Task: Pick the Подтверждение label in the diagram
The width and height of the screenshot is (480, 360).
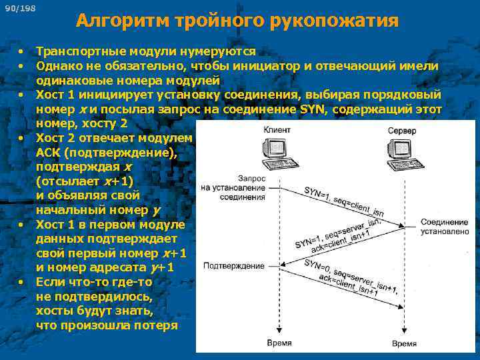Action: click(x=233, y=265)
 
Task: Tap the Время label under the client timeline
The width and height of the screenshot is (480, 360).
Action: click(x=278, y=343)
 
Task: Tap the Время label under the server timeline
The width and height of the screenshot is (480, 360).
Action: click(x=404, y=343)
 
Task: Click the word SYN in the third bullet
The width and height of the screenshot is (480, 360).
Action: click(x=313, y=109)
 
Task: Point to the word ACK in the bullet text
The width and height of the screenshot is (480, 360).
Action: click(x=49, y=153)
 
